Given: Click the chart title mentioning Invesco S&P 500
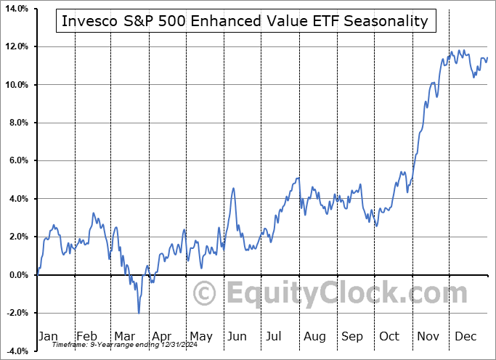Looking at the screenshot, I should (245, 21).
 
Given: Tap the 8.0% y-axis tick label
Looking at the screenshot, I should (17, 123).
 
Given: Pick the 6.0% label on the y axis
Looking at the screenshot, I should (17, 160).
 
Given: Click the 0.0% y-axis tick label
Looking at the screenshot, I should (17, 274).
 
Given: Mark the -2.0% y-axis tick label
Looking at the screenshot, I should (16, 313).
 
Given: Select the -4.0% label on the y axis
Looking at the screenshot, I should (16, 351).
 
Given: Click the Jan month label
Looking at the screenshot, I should (48, 336).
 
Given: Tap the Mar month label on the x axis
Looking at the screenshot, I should (125, 336).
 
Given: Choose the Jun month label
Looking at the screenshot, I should (237, 336).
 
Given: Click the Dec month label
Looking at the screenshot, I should (466, 336).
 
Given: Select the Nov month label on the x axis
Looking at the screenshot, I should (427, 336).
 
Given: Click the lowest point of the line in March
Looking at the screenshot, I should (139, 313).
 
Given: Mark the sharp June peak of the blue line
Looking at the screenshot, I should (234, 189).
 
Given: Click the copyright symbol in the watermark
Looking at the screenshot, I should (205, 293).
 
